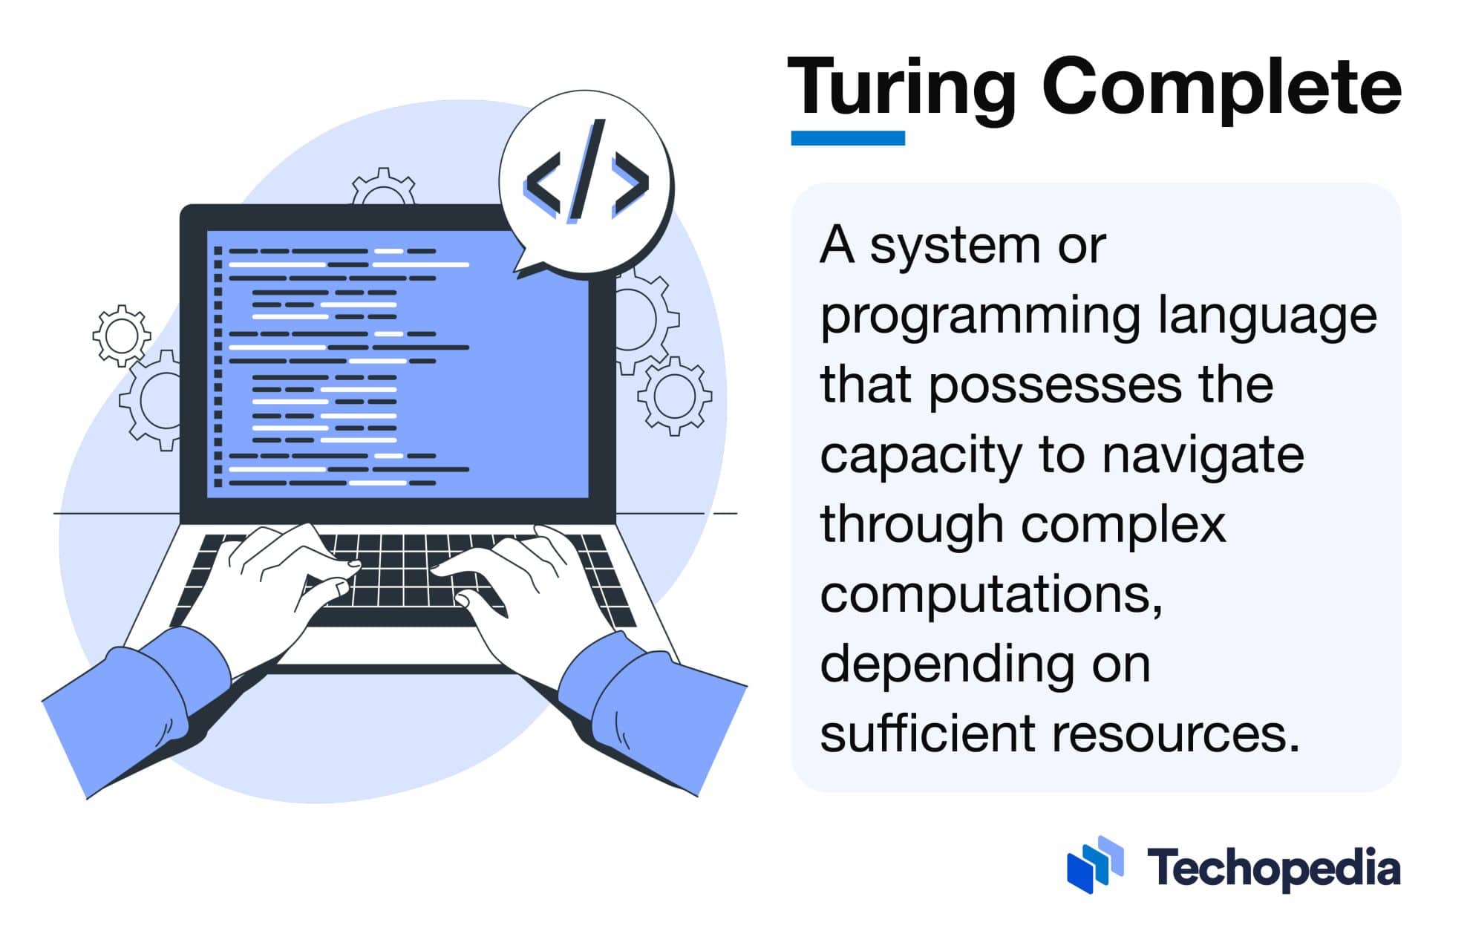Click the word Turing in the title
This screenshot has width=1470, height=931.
pos(901,89)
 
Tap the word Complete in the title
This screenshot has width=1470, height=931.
pos(1221,89)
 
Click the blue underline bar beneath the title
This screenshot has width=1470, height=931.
pos(847,138)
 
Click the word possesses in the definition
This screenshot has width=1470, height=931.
pos(1054,386)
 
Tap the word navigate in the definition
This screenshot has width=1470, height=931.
pos(1203,455)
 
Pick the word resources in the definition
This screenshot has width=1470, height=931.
pos(1176,734)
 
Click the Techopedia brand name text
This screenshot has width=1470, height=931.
pos(1273,868)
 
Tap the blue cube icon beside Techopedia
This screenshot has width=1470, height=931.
pos(1094,864)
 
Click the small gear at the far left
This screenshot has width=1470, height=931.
pos(121,336)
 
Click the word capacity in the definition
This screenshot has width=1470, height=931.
pos(921,455)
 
